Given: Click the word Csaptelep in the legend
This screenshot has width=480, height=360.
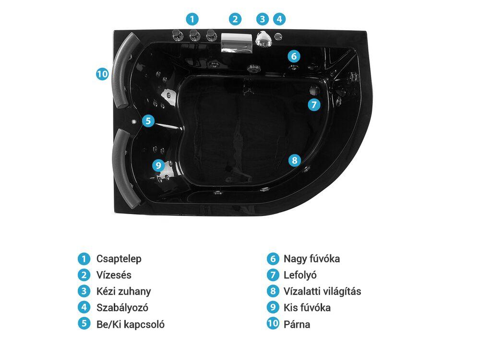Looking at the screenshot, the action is [119, 259].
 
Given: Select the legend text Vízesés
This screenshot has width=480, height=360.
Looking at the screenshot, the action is [114, 275].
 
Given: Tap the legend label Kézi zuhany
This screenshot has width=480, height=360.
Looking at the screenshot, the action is [124, 291].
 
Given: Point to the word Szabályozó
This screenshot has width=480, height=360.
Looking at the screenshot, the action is [122, 308].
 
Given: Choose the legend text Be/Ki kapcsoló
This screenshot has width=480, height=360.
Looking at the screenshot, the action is [131, 324].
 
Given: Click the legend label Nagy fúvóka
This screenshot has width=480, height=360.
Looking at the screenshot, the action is [312, 259].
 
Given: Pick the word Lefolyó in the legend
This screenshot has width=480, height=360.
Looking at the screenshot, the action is [300, 275].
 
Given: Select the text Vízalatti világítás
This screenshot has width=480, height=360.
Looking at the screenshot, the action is [323, 291].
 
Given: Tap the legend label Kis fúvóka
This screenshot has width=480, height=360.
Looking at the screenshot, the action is [307, 308].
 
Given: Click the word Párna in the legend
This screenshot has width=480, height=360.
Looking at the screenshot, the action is [297, 324].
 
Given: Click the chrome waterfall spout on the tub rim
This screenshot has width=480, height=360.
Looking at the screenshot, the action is [237, 43].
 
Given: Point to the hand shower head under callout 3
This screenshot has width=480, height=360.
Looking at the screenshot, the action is [263, 38].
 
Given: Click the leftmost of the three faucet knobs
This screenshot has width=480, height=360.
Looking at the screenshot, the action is [177, 35].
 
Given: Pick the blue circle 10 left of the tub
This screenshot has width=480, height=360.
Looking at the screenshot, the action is [102, 74].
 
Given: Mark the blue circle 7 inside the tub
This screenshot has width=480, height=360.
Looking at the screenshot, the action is [314, 105].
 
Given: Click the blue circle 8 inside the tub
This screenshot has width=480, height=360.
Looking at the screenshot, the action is [295, 160].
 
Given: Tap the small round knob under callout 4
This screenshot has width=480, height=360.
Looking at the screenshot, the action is [278, 36].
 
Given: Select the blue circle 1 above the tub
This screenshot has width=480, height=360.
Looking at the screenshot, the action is [192, 19].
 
